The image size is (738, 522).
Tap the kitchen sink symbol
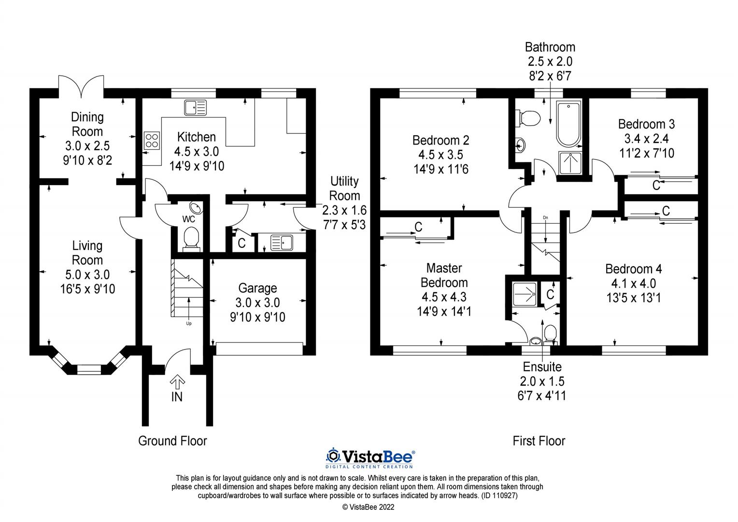(x=195, y=108)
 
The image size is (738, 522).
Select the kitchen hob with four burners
(x=151, y=140)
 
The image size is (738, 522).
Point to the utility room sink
(x=282, y=242)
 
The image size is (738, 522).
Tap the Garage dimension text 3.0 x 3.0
(x=257, y=303)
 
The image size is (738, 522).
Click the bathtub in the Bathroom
(x=568, y=125)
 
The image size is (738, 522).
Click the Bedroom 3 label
(x=646, y=124)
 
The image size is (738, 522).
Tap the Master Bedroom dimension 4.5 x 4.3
(x=444, y=297)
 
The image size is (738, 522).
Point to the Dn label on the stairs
(x=545, y=217)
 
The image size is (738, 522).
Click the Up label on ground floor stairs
(x=188, y=323)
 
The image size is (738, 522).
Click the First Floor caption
(x=539, y=441)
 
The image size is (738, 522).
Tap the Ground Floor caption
(x=172, y=441)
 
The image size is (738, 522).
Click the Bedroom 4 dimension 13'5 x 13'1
(x=633, y=298)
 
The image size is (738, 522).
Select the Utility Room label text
(x=344, y=188)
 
